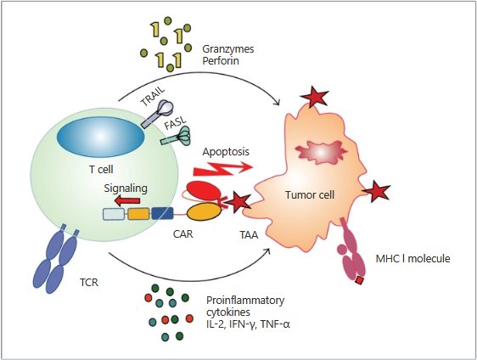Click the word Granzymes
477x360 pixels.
(x=228, y=49)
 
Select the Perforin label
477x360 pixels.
(x=221, y=61)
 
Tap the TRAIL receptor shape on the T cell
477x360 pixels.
(x=158, y=114)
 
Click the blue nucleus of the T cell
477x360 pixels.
(x=100, y=137)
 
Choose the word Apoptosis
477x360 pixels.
(x=226, y=151)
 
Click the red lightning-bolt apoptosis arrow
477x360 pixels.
(x=223, y=169)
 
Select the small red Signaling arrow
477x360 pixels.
(x=126, y=200)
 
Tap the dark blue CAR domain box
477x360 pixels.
(x=162, y=213)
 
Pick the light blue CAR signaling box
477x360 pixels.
(x=114, y=214)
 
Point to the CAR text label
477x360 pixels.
(x=183, y=234)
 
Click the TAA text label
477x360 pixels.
(x=249, y=235)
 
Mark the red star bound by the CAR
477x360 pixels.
(x=239, y=203)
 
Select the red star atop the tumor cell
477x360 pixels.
(x=314, y=97)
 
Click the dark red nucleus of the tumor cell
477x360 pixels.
(x=322, y=151)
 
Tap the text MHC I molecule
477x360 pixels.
(x=412, y=259)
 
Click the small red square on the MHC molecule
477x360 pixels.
(x=360, y=280)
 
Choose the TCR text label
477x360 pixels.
(x=89, y=283)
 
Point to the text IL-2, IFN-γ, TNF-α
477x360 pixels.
(x=248, y=324)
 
